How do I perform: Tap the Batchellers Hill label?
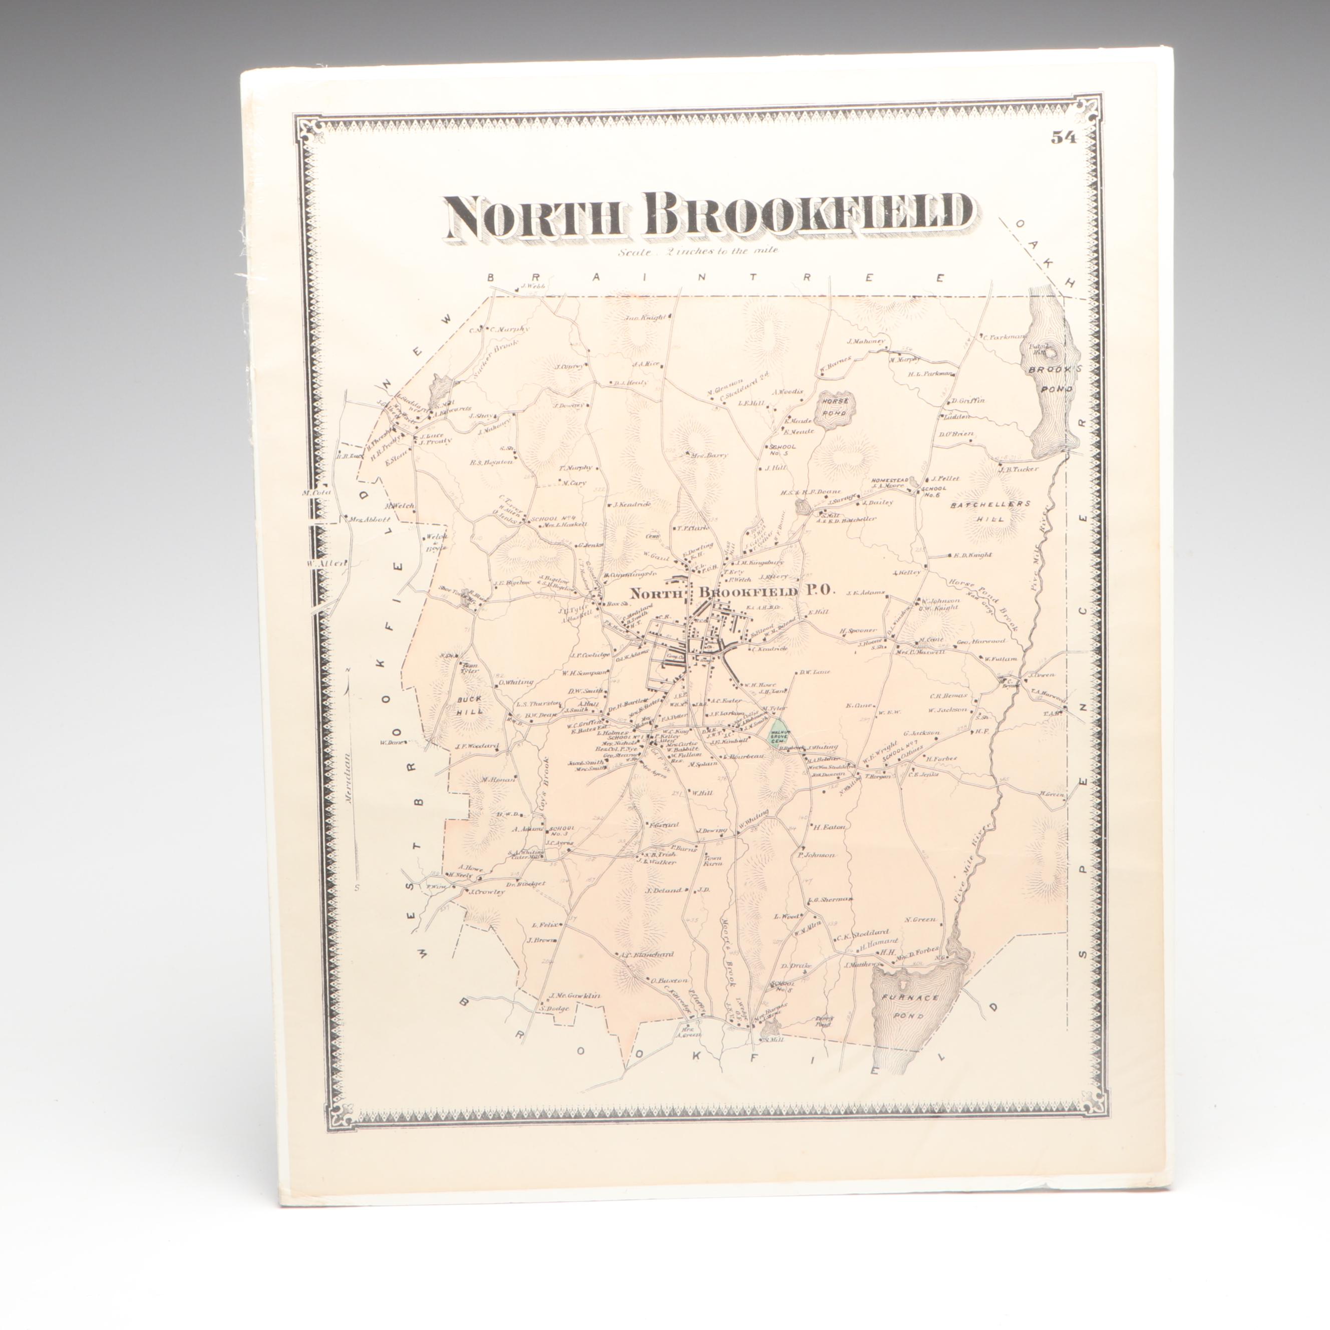[990, 504]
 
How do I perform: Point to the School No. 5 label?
[781, 450]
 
